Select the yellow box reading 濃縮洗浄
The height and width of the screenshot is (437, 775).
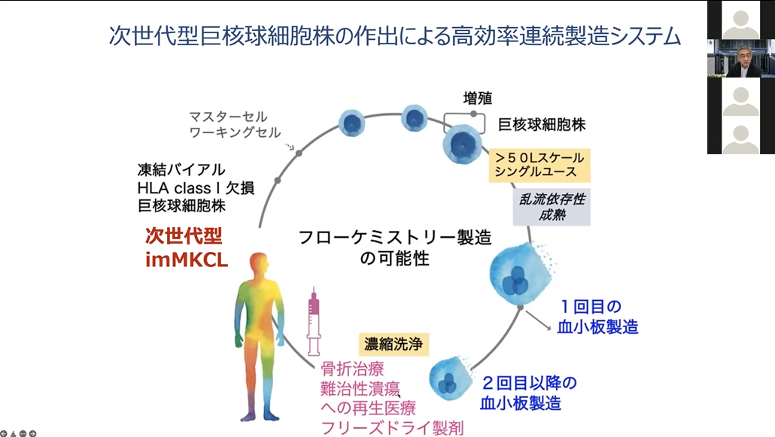coord(394,344)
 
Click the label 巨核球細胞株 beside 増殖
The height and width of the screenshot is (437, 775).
coord(542,124)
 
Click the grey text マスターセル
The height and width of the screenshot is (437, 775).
coord(227,117)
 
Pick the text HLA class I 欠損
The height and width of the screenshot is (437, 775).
coord(195,187)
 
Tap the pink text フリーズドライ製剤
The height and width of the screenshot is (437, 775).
coord(391,427)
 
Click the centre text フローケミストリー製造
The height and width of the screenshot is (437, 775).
coord(394,238)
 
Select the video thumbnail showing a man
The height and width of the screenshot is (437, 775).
coord(740,59)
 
